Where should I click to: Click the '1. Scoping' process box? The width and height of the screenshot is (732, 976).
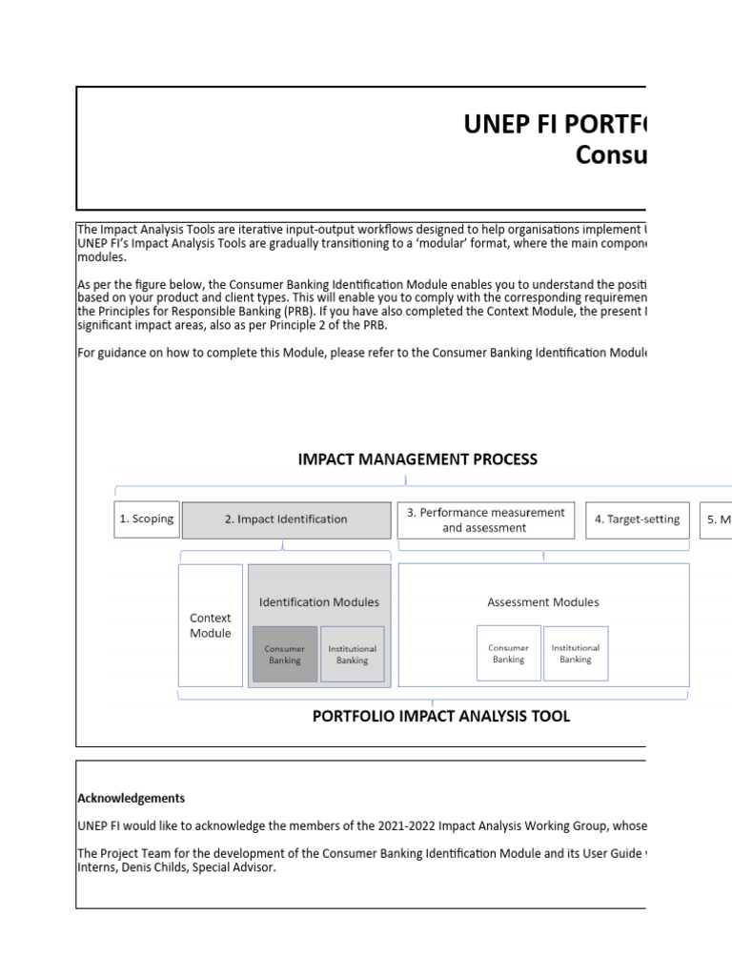click(x=147, y=519)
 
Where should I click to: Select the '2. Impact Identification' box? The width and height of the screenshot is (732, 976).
click(x=286, y=519)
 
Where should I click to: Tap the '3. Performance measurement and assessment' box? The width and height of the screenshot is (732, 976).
click(x=486, y=519)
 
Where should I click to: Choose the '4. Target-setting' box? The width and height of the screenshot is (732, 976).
click(x=637, y=519)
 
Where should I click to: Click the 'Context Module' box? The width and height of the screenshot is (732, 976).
click(x=211, y=625)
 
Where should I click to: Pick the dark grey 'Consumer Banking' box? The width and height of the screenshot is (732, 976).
click(x=285, y=654)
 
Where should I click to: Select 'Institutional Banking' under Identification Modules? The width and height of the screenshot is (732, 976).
click(x=353, y=654)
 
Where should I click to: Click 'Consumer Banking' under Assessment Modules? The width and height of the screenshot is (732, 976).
click(x=508, y=653)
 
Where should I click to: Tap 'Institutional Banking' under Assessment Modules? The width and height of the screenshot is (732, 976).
click(x=576, y=653)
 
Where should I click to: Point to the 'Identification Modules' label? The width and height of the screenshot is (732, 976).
click(x=319, y=601)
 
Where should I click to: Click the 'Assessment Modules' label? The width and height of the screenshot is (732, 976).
click(x=543, y=601)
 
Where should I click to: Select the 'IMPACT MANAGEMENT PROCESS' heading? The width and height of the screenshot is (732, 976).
click(x=417, y=459)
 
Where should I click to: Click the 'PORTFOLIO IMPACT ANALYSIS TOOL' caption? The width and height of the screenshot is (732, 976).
click(x=441, y=717)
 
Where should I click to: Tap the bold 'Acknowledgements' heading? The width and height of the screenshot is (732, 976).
click(x=132, y=799)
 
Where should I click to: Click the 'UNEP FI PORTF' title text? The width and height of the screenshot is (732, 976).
click(x=554, y=125)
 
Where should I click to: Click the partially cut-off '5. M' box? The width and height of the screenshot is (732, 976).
click(x=718, y=519)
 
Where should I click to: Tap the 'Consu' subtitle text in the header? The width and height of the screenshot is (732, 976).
click(x=610, y=155)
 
